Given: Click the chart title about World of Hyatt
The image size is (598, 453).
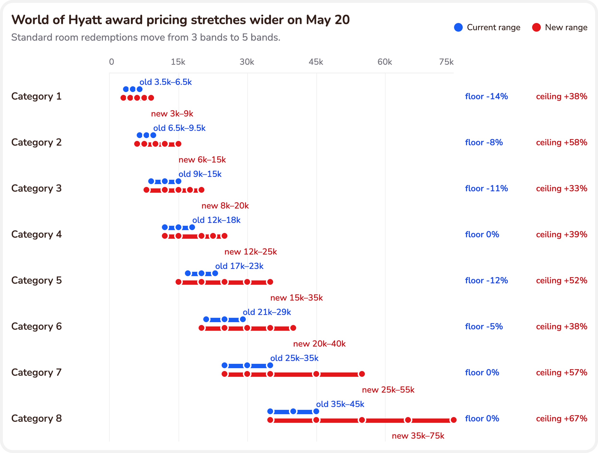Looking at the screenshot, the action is pos(181,20).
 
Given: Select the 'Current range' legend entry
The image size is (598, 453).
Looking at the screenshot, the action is pos(487,27).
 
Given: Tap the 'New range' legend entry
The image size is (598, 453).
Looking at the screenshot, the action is pos(560,27).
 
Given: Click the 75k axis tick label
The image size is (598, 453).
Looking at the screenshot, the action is pos(446,62).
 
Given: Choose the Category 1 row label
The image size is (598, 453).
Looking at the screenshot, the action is pos(36,96).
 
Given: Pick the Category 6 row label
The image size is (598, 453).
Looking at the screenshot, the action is pos(36,326).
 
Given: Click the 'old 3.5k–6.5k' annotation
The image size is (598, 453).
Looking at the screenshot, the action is pos(166,82).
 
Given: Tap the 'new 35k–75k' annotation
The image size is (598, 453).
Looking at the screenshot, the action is pos(418,436).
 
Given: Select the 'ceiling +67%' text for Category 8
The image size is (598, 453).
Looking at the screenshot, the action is pos(562,418).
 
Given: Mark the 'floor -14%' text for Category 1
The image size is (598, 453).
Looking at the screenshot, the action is pos(486,96).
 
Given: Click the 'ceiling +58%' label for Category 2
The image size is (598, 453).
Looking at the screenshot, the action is pos(562,142).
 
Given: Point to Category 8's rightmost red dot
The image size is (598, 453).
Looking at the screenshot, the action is pos(454,420).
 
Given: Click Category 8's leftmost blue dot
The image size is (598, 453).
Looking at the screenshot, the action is pos(270,411).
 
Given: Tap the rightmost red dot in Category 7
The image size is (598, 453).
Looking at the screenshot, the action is pos(362,374).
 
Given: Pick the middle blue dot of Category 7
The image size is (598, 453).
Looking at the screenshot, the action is pos(247,365).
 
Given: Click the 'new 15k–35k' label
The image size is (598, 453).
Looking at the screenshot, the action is pos(296,298).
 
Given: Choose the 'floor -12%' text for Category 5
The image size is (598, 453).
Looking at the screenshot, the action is pos(486,280).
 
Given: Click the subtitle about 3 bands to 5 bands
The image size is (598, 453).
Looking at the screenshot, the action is pos(146,37).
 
